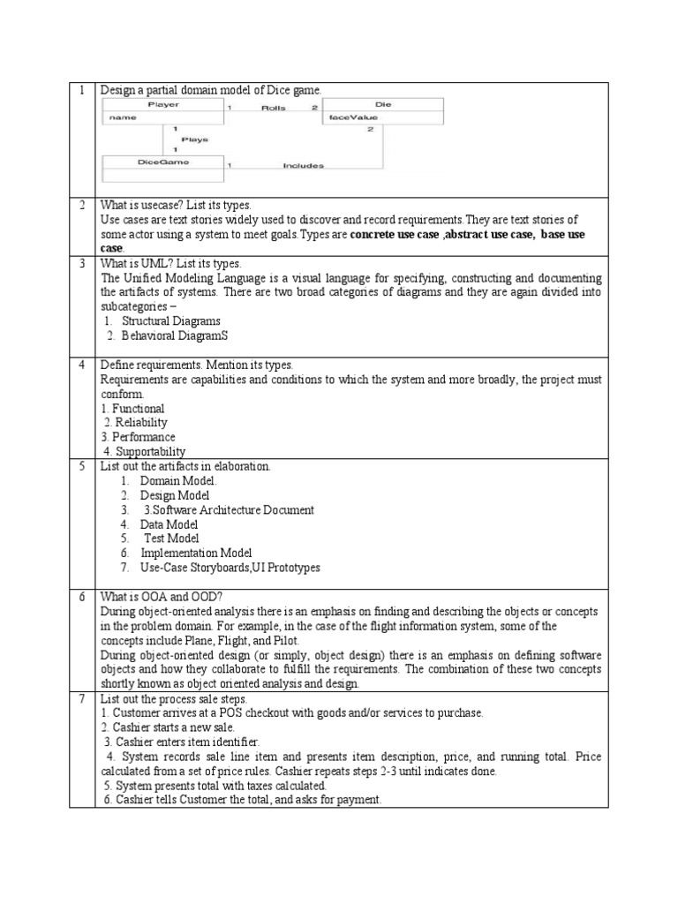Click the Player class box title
pyautogui.click(x=163, y=104)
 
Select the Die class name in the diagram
pyautogui.click(x=382, y=104)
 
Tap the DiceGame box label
pyautogui.click(x=163, y=162)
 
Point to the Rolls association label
pyautogui.click(x=273, y=108)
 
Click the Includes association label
pyautogui.click(x=303, y=165)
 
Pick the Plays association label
pyautogui.click(x=194, y=139)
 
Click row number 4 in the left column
pyautogui.click(x=81, y=365)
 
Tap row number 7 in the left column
pyautogui.click(x=81, y=698)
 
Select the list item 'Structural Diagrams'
pyautogui.click(x=170, y=320)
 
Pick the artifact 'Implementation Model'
pyautogui.click(x=196, y=553)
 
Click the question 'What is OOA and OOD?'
pyautogui.click(x=162, y=597)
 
